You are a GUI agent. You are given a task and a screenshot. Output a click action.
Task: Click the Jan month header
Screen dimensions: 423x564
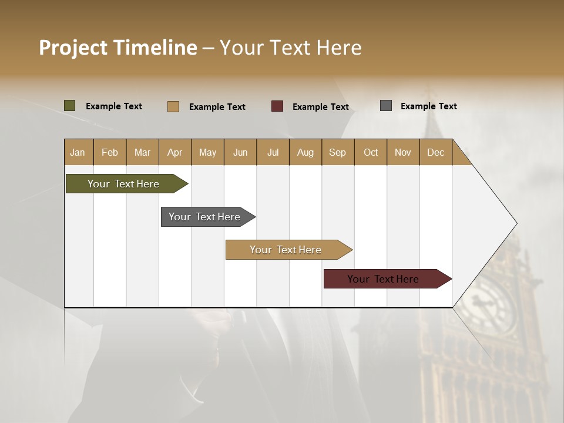pos(78,152)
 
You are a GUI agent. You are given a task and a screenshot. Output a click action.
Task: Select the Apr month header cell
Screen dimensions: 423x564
pos(175,152)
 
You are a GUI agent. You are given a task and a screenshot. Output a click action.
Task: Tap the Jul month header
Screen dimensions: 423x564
pos(273,152)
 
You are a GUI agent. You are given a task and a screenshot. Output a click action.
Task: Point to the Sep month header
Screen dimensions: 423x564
pos(338,152)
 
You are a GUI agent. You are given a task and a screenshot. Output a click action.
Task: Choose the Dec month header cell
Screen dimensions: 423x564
pos(436,152)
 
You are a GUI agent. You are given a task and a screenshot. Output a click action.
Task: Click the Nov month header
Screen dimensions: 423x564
pos(403,152)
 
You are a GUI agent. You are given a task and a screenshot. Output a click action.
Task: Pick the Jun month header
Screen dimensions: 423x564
pos(240,152)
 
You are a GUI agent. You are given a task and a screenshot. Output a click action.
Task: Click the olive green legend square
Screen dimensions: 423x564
pos(70,106)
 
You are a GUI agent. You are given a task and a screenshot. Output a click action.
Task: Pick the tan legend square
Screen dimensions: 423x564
pos(173,106)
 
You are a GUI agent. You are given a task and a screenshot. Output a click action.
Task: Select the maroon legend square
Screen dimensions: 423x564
pos(277,106)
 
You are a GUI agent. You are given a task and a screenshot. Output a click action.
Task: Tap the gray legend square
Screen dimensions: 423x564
pos(386,106)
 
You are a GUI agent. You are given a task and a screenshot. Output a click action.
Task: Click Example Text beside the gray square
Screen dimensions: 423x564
pos(428,106)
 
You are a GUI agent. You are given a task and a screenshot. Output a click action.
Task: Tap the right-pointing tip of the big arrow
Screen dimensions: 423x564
pos(515,223)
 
